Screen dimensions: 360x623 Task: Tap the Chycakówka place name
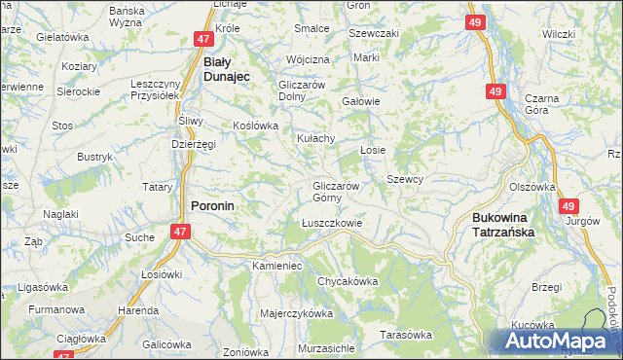click(x=347, y=281)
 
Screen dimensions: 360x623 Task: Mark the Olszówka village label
click(x=531, y=188)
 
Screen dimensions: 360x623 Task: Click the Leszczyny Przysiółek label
click(x=157, y=90)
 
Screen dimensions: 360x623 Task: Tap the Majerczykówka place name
click(x=297, y=313)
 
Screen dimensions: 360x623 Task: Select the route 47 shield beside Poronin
click(x=180, y=232)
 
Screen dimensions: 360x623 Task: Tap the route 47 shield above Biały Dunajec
click(x=203, y=40)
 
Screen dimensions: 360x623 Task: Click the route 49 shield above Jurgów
click(x=568, y=206)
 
